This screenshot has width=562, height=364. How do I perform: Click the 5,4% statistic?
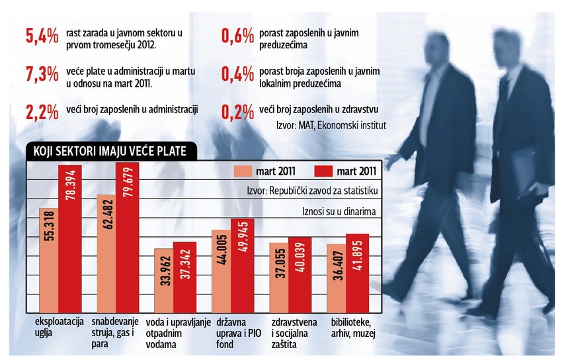click(40, 36)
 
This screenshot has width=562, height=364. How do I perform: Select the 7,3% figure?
click(40, 73)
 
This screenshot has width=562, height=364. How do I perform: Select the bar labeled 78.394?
click(69, 238)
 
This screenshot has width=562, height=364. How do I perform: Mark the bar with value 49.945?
click(242, 265)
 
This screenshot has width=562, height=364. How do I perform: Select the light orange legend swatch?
click(249, 171)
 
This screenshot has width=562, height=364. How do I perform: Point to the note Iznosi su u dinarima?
click(339, 212)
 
